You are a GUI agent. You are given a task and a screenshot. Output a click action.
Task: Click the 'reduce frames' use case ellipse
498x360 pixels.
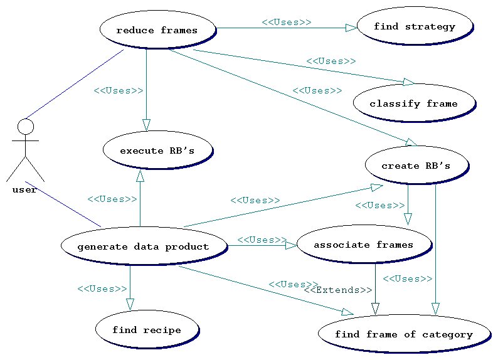(x=157, y=29)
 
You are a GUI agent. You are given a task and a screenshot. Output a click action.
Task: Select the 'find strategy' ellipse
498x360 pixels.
(x=414, y=26)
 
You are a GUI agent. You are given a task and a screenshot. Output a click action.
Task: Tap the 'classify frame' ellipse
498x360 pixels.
(x=413, y=103)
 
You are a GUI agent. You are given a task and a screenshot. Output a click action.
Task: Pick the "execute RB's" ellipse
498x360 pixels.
(x=157, y=150)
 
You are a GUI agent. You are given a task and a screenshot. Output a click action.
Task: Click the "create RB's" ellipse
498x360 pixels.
(x=416, y=165)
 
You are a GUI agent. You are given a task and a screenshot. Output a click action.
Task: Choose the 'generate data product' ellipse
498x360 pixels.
(x=144, y=246)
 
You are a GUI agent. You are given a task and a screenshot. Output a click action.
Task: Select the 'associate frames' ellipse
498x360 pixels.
(x=364, y=244)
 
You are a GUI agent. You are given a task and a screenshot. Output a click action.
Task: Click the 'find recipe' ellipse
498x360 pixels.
(x=147, y=329)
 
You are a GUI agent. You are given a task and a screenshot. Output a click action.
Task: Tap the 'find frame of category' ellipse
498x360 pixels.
(x=403, y=334)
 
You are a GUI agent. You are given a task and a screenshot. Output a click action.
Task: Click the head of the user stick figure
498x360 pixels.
(x=26, y=127)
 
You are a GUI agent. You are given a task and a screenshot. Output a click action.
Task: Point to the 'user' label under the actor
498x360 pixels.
(x=24, y=189)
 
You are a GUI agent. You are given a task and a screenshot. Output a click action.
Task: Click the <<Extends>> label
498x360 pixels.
(x=338, y=290)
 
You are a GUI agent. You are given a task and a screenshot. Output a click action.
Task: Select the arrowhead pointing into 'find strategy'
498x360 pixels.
(x=351, y=28)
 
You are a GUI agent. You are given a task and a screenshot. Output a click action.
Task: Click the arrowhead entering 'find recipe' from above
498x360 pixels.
(x=130, y=304)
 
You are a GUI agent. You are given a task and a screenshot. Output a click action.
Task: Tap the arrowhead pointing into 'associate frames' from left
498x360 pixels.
(x=291, y=245)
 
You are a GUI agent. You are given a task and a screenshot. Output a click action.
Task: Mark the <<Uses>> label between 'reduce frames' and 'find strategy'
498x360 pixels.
(x=286, y=22)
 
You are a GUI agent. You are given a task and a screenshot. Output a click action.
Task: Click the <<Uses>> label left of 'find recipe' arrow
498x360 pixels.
(x=102, y=289)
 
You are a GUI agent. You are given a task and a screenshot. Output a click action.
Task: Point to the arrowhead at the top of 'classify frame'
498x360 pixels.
(x=408, y=82)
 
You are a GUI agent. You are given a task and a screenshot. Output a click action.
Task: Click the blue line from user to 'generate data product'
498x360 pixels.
(x=63, y=204)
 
